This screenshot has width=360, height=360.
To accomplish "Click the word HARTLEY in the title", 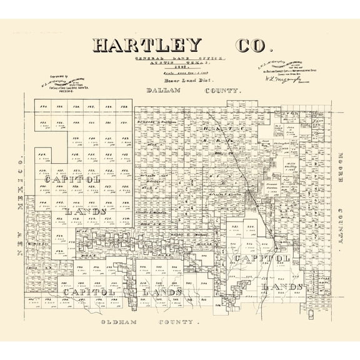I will pos(147,46).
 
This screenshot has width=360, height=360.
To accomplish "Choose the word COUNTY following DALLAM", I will pos(222,91).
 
